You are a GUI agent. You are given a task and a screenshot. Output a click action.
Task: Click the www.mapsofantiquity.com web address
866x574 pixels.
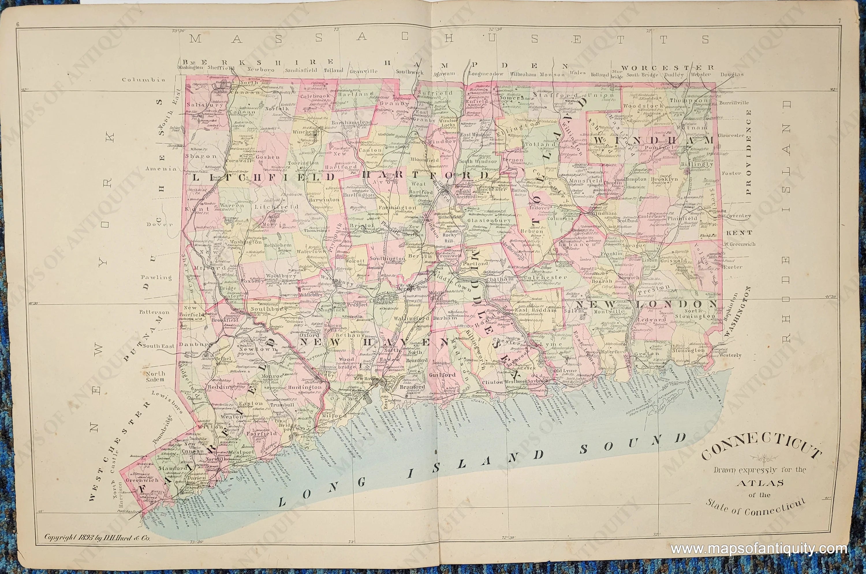click(x=759, y=549)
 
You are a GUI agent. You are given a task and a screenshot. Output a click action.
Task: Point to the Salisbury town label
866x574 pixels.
click(x=200, y=104)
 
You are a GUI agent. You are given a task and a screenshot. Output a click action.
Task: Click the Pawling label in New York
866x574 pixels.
click(x=156, y=277)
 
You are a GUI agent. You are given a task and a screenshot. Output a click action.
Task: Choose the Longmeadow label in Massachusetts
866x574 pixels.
click(x=486, y=74)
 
